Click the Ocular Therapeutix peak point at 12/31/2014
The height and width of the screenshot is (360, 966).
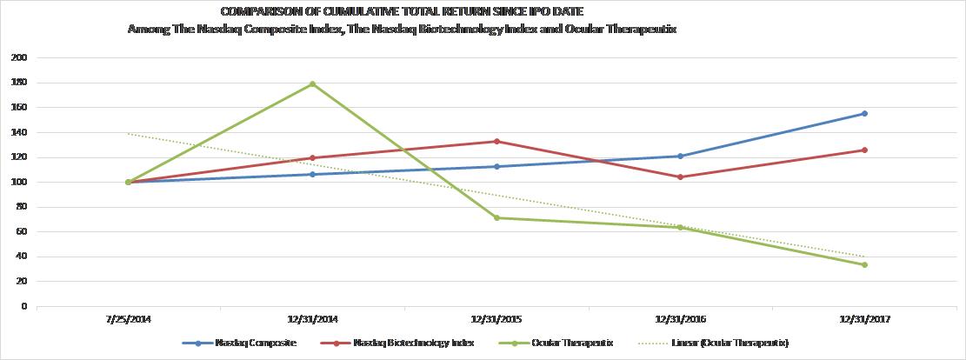[312, 83]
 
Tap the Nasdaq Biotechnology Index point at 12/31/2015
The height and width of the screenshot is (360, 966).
[496, 141]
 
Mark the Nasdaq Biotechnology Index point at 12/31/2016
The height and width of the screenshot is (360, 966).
[680, 177]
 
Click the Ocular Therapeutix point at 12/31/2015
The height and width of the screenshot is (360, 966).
[496, 217]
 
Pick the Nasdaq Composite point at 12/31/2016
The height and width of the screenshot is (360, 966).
[680, 156]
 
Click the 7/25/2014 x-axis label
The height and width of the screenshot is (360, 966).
[128, 320]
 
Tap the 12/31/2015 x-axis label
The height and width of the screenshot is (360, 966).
[496, 320]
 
